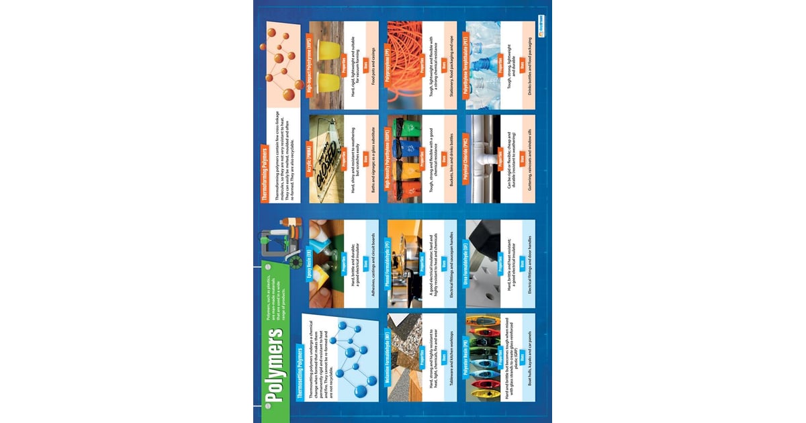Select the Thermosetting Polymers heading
coord(299,373)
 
